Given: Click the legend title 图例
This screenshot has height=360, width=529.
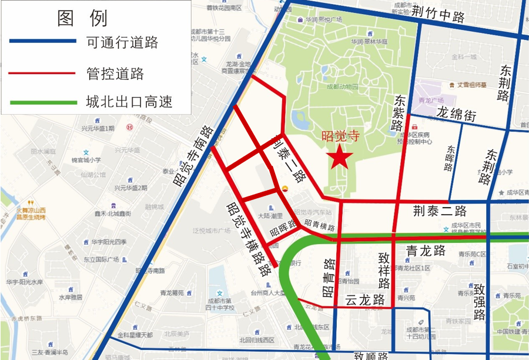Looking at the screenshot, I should pos(82,19).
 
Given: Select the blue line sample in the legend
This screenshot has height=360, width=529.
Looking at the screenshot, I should pos(42,41).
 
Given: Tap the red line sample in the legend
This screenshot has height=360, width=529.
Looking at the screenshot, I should pos(42,73).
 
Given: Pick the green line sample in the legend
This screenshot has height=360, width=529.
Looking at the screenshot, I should pos(42,103).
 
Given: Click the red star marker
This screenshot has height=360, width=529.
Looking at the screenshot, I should pos(340,157).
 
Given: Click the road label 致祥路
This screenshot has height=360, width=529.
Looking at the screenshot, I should pos(384,271).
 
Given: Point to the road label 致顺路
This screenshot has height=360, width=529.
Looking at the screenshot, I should pos(371,355).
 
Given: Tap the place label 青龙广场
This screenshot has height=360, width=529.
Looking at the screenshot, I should pos(431,101).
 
